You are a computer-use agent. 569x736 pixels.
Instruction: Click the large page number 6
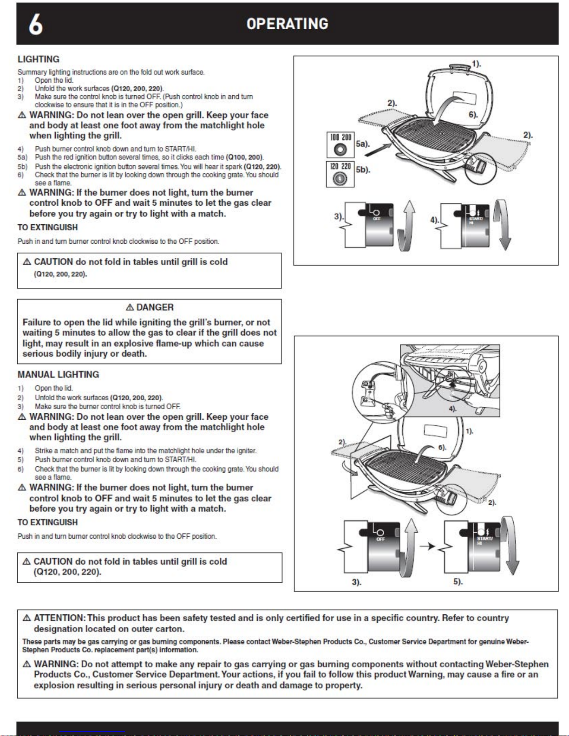click(x=36, y=24)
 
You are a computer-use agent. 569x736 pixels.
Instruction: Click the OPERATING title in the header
click(x=287, y=24)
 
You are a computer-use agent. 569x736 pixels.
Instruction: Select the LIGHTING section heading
click(x=39, y=59)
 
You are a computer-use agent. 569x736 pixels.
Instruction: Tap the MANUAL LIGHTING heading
click(x=58, y=374)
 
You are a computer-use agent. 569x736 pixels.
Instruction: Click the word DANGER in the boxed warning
click(x=155, y=307)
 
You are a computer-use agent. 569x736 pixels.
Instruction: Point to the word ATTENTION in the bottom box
click(x=59, y=618)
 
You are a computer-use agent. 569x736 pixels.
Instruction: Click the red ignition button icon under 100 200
click(x=340, y=150)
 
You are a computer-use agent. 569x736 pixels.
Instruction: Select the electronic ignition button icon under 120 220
click(x=340, y=178)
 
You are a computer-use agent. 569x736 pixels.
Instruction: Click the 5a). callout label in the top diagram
click(x=363, y=144)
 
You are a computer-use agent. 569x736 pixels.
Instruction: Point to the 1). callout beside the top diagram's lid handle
click(x=477, y=64)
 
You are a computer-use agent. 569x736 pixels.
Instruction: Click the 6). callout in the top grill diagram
click(x=473, y=114)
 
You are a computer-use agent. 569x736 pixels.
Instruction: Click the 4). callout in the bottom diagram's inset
click(x=452, y=409)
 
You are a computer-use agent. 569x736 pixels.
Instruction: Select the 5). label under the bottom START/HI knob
click(x=458, y=581)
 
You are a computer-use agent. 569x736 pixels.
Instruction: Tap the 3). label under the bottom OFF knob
click(x=357, y=582)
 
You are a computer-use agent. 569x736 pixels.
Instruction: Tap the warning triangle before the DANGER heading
click(x=130, y=307)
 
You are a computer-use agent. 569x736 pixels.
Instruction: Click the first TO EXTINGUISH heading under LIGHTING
click(x=47, y=228)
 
